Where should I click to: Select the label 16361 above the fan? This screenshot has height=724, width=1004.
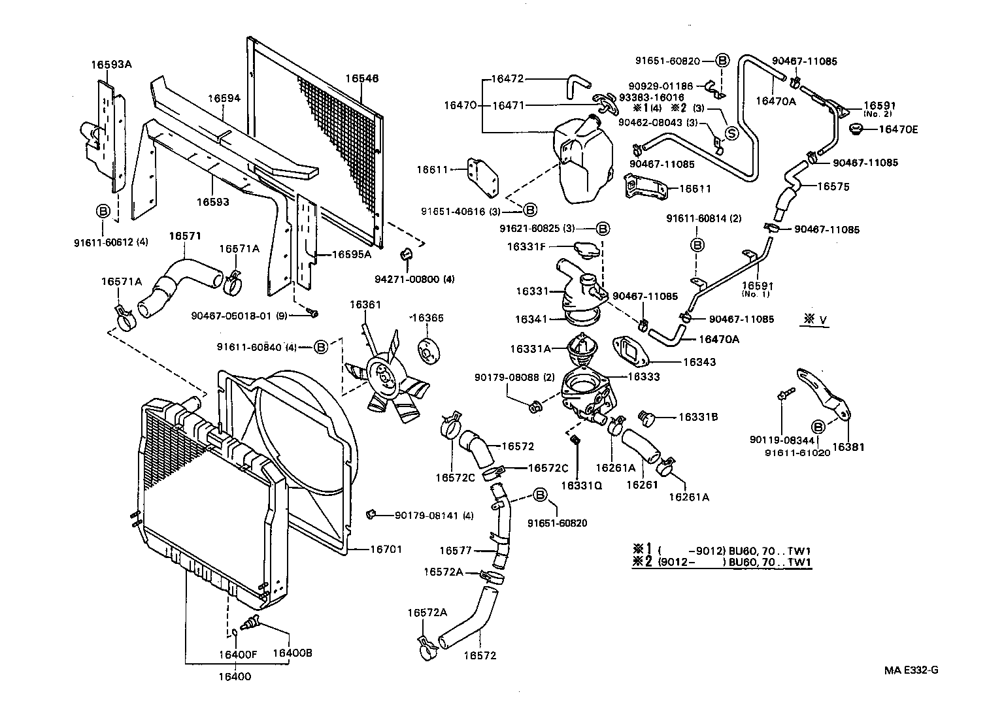point(365,304)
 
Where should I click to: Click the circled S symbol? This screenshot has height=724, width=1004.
point(730,133)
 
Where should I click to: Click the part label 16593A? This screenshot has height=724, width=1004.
point(111,64)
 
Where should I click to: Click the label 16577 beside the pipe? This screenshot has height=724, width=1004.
point(455,551)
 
